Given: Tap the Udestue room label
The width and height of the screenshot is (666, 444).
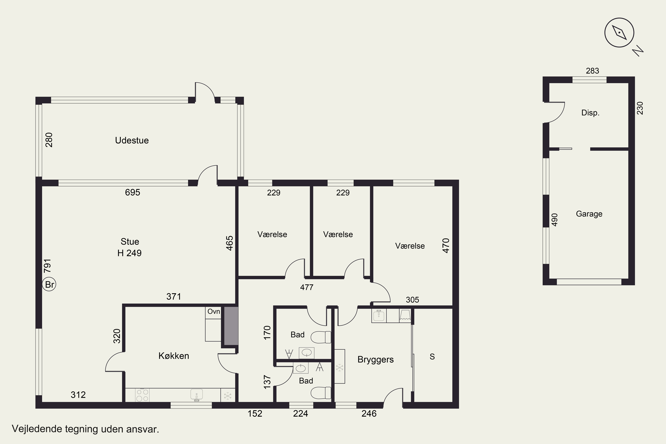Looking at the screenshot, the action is pyautogui.click(x=132, y=141).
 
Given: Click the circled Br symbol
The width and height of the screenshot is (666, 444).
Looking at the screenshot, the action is pyautogui.click(x=49, y=284).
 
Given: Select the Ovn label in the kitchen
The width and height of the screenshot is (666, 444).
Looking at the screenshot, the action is pyautogui.click(x=214, y=311).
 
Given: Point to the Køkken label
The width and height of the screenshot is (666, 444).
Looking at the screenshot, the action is pyautogui.click(x=174, y=356).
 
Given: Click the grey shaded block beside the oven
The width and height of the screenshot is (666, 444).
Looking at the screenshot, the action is pyautogui.click(x=231, y=326).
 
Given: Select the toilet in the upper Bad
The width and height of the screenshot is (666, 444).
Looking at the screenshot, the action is pyautogui.click(x=321, y=337).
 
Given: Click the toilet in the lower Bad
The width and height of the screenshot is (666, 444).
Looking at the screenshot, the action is pyautogui.click(x=321, y=393).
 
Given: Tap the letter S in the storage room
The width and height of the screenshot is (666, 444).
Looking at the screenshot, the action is pyautogui.click(x=432, y=357).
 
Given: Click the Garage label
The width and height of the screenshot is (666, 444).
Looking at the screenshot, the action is pyautogui.click(x=589, y=214).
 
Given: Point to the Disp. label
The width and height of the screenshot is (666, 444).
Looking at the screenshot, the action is pyautogui.click(x=590, y=113).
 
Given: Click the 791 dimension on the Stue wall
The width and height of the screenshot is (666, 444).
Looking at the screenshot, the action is pyautogui.click(x=48, y=266).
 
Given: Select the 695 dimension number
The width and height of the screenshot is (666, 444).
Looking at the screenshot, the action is pyautogui.click(x=133, y=192).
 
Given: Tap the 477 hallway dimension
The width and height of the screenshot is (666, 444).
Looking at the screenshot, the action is pyautogui.click(x=307, y=287).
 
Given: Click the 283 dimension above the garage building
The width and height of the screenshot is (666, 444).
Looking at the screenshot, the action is pyautogui.click(x=592, y=71).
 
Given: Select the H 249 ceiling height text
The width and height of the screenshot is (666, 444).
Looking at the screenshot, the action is pyautogui.click(x=129, y=253).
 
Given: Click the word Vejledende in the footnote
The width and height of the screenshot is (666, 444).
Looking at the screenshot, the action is pyautogui.click(x=37, y=429).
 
